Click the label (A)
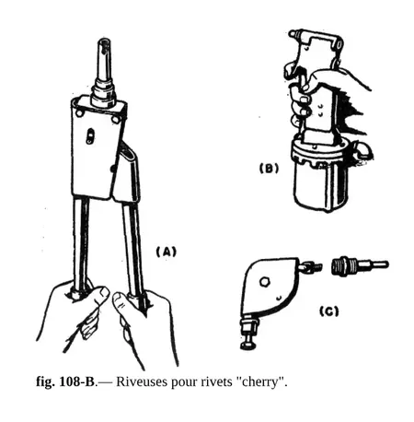coord(167,252)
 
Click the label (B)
coord(269,169)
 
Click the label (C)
coord(329,311)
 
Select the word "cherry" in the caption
coord(261,382)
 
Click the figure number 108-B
coord(76,381)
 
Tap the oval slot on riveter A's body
coord(90,136)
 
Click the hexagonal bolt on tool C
coord(264,282)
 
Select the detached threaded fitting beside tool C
coord(359,265)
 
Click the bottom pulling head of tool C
coord(250,333)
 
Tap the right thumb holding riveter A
coord(121,302)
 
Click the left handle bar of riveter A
coord(81,242)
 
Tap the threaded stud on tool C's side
coord(310,266)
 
